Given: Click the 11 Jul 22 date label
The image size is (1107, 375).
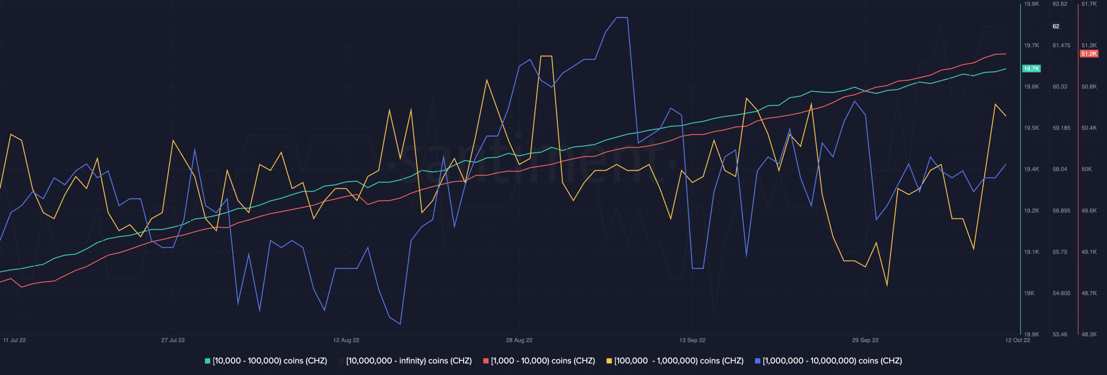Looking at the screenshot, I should [14, 340].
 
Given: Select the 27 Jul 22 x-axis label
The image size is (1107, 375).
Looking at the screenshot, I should [173, 340].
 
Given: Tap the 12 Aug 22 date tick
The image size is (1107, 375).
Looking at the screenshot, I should [346, 340].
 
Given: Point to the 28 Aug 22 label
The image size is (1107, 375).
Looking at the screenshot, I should [519, 340].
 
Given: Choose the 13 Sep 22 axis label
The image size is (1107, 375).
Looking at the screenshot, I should [692, 340].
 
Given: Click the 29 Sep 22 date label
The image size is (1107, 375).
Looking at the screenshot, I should [865, 340].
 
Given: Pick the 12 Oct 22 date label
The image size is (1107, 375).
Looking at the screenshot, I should [1017, 340].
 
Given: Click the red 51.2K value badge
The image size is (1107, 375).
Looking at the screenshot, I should [1089, 54].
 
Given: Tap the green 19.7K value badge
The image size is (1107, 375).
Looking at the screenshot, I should [1031, 69].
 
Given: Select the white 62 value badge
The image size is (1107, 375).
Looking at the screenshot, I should [1056, 26].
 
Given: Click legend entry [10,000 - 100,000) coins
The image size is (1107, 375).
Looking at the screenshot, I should [266, 361].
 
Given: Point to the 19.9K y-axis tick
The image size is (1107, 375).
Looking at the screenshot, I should [1031, 4].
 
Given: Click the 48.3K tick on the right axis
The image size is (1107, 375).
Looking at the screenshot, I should [1089, 334].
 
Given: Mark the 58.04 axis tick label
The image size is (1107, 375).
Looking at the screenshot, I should [1060, 169].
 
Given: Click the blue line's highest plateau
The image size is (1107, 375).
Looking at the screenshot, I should [622, 18].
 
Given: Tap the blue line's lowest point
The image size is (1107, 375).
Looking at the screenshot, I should [400, 324].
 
